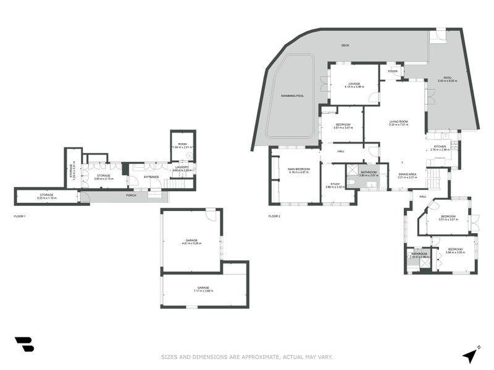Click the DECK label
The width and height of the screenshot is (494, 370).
(345, 45)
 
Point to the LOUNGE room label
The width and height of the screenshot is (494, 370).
(354, 84)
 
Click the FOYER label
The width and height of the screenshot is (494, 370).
(392, 71)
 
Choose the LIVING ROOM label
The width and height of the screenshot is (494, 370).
(398, 121)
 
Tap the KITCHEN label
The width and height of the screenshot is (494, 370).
(440, 147)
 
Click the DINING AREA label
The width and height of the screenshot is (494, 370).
(408, 175)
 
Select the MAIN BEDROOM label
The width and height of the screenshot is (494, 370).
(299, 168)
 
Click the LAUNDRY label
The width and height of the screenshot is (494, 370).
(182, 167)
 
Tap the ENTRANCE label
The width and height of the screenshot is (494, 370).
(152, 177)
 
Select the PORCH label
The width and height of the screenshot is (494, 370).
(131, 195)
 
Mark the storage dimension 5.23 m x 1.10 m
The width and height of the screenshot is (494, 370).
(47, 199)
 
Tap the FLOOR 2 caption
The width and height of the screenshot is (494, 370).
(274, 216)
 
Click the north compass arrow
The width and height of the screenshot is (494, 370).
(471, 355)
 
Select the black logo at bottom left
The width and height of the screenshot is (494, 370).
(24, 344)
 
